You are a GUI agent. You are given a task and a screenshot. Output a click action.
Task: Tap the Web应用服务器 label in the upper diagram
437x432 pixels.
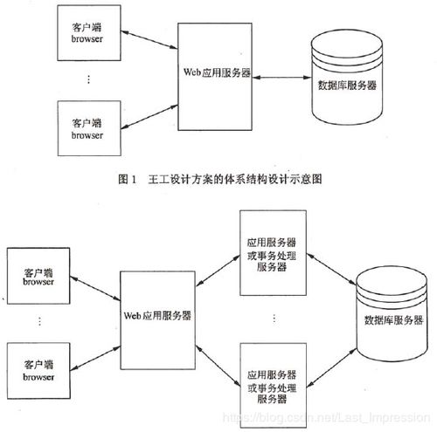click(217, 72)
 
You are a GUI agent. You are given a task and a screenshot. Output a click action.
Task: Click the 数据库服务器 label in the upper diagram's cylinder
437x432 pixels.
click(347, 86)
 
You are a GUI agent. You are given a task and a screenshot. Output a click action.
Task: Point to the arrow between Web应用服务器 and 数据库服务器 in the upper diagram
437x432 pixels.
click(281, 78)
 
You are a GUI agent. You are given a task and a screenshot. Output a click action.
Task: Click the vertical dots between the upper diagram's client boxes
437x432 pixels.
click(88, 79)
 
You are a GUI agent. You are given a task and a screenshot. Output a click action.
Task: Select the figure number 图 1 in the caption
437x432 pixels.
click(128, 179)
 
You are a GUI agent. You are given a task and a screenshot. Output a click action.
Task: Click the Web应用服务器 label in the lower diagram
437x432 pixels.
click(157, 316)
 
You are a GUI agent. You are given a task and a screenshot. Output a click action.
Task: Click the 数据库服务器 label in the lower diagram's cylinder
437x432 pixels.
click(393, 320)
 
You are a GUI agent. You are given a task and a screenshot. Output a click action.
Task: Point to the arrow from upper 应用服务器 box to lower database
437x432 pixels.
click(332, 269)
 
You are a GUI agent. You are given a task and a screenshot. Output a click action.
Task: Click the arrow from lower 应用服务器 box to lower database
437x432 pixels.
click(332, 368)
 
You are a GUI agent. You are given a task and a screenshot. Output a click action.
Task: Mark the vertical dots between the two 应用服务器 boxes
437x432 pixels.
click(274, 318)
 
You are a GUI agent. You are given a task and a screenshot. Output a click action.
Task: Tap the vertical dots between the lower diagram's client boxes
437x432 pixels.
click(39, 321)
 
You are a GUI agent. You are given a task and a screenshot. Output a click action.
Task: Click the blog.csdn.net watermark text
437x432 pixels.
click(326, 418)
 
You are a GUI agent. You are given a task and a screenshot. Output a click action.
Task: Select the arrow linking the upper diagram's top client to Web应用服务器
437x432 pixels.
click(149, 39)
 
